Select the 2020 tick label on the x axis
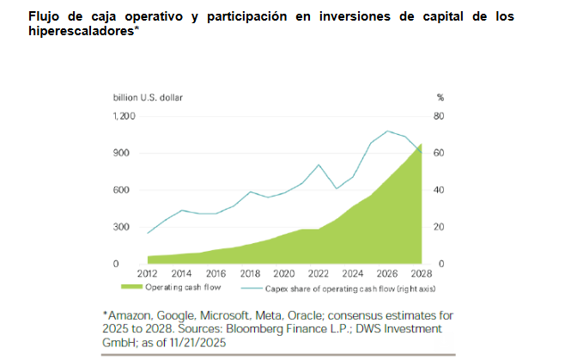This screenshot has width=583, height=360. [284, 275]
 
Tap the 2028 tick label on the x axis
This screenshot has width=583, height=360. [422, 275]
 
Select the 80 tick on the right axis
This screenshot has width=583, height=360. [440, 116]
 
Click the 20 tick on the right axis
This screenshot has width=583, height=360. [440, 227]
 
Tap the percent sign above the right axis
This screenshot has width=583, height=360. [440, 98]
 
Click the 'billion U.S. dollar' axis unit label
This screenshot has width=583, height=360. [149, 98]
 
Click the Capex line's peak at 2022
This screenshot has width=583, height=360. [319, 165]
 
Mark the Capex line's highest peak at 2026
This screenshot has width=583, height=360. [388, 131]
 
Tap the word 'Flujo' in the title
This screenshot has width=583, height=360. [19, 16]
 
